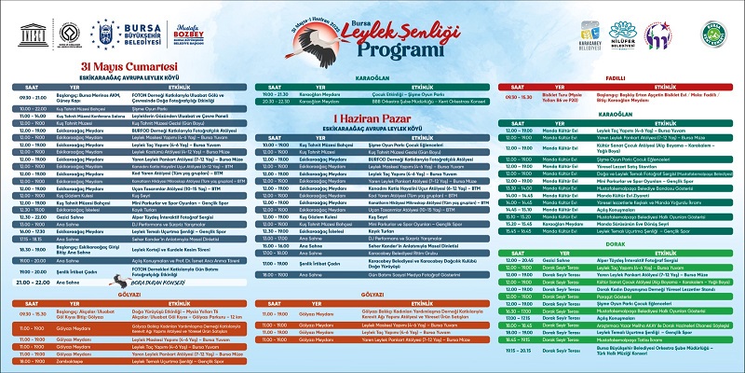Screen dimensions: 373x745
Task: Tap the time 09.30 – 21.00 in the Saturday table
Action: pos(29,98)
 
